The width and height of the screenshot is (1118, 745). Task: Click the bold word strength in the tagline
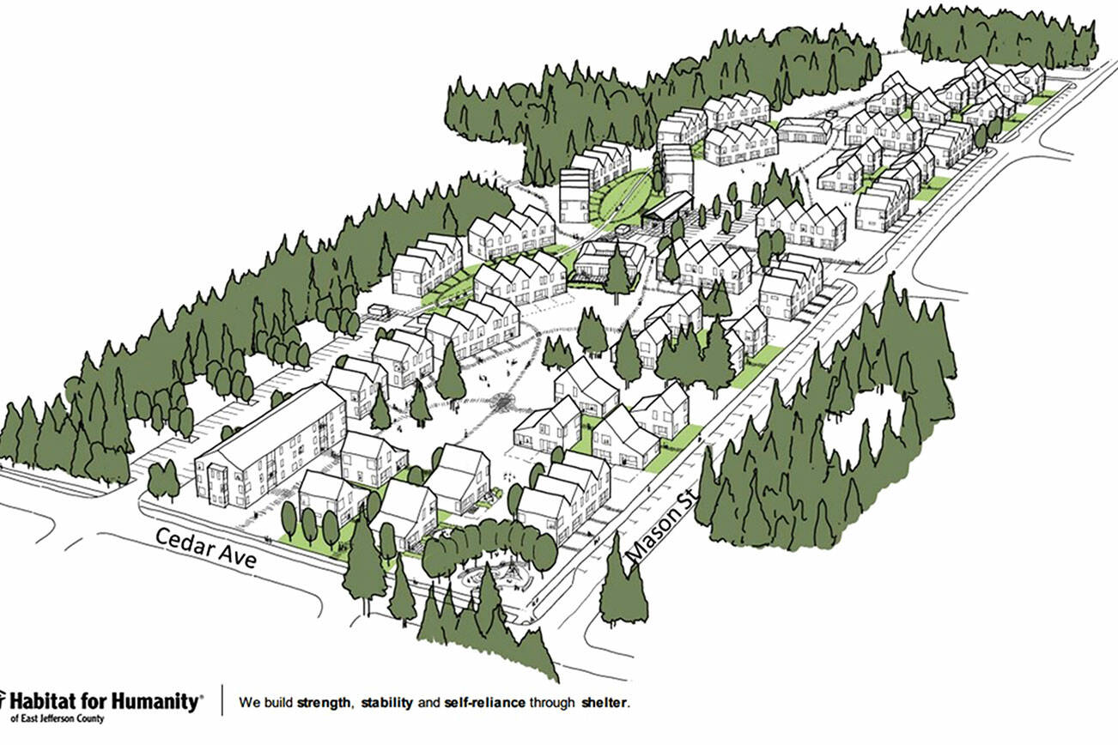click(324, 703)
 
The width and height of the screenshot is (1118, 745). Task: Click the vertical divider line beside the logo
click(223, 701)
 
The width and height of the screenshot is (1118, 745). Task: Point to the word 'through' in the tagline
click(550, 703)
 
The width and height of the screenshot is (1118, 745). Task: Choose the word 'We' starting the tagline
click(249, 703)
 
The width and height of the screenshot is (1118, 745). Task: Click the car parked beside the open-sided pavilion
click(625, 230)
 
